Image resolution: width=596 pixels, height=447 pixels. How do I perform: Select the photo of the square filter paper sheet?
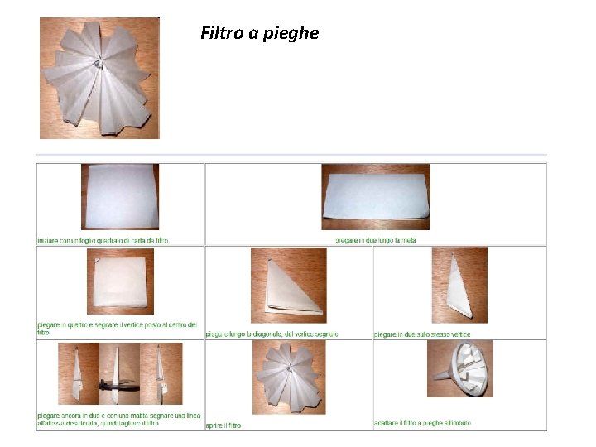coord(120,196)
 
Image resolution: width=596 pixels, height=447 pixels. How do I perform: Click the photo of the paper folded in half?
coord(376,196)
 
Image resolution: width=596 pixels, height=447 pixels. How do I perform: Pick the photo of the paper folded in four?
coord(121,281)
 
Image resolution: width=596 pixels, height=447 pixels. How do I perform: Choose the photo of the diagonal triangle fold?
coord(289,286)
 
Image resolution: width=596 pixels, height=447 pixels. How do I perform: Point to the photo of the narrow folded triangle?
coord(459,286)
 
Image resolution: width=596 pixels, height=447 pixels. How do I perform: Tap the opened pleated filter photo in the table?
coord(290,377)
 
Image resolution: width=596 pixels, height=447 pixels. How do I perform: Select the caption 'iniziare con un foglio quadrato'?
coord(103,240)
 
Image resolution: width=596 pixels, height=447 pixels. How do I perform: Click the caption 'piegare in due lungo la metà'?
coord(375,240)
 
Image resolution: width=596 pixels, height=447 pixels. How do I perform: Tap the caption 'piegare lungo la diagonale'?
coord(272,334)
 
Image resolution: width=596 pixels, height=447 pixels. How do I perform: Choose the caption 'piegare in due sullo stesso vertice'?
coord(422,334)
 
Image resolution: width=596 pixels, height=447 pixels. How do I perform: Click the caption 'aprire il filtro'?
coord(223,425)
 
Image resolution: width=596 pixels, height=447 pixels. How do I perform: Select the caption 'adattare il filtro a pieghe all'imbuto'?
coord(422,423)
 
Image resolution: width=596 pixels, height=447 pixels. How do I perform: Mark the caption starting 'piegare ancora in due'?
coord(118,419)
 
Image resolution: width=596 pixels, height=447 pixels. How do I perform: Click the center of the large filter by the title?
coord(98,63)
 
